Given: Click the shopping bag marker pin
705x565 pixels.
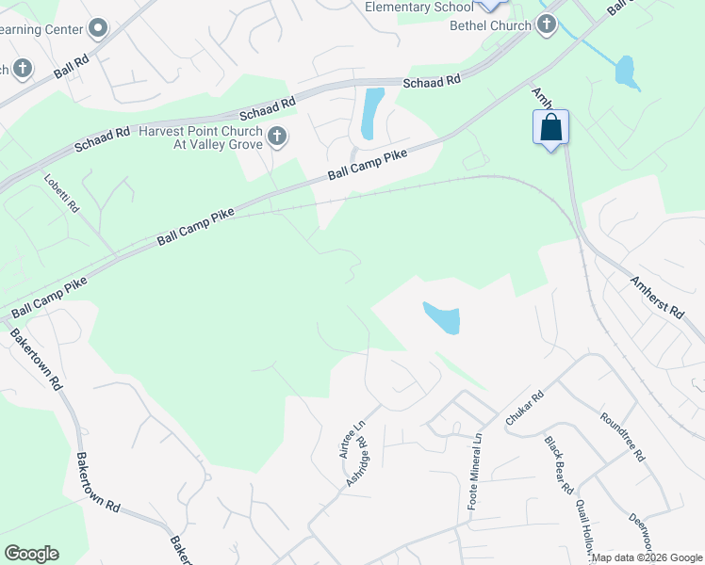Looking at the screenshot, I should coord(550,127).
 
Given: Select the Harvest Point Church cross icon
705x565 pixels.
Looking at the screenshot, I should coord(276,137).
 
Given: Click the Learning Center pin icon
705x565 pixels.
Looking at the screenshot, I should coord(97,28).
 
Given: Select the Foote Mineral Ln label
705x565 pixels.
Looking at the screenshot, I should coord(475,472).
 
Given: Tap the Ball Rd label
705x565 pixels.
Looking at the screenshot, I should coord(72,68).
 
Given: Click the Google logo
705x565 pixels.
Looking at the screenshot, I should coord(31,554).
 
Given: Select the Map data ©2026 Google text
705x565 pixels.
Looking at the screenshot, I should coord(647,557).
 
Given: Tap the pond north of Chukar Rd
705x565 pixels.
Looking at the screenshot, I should coord(441,318).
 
